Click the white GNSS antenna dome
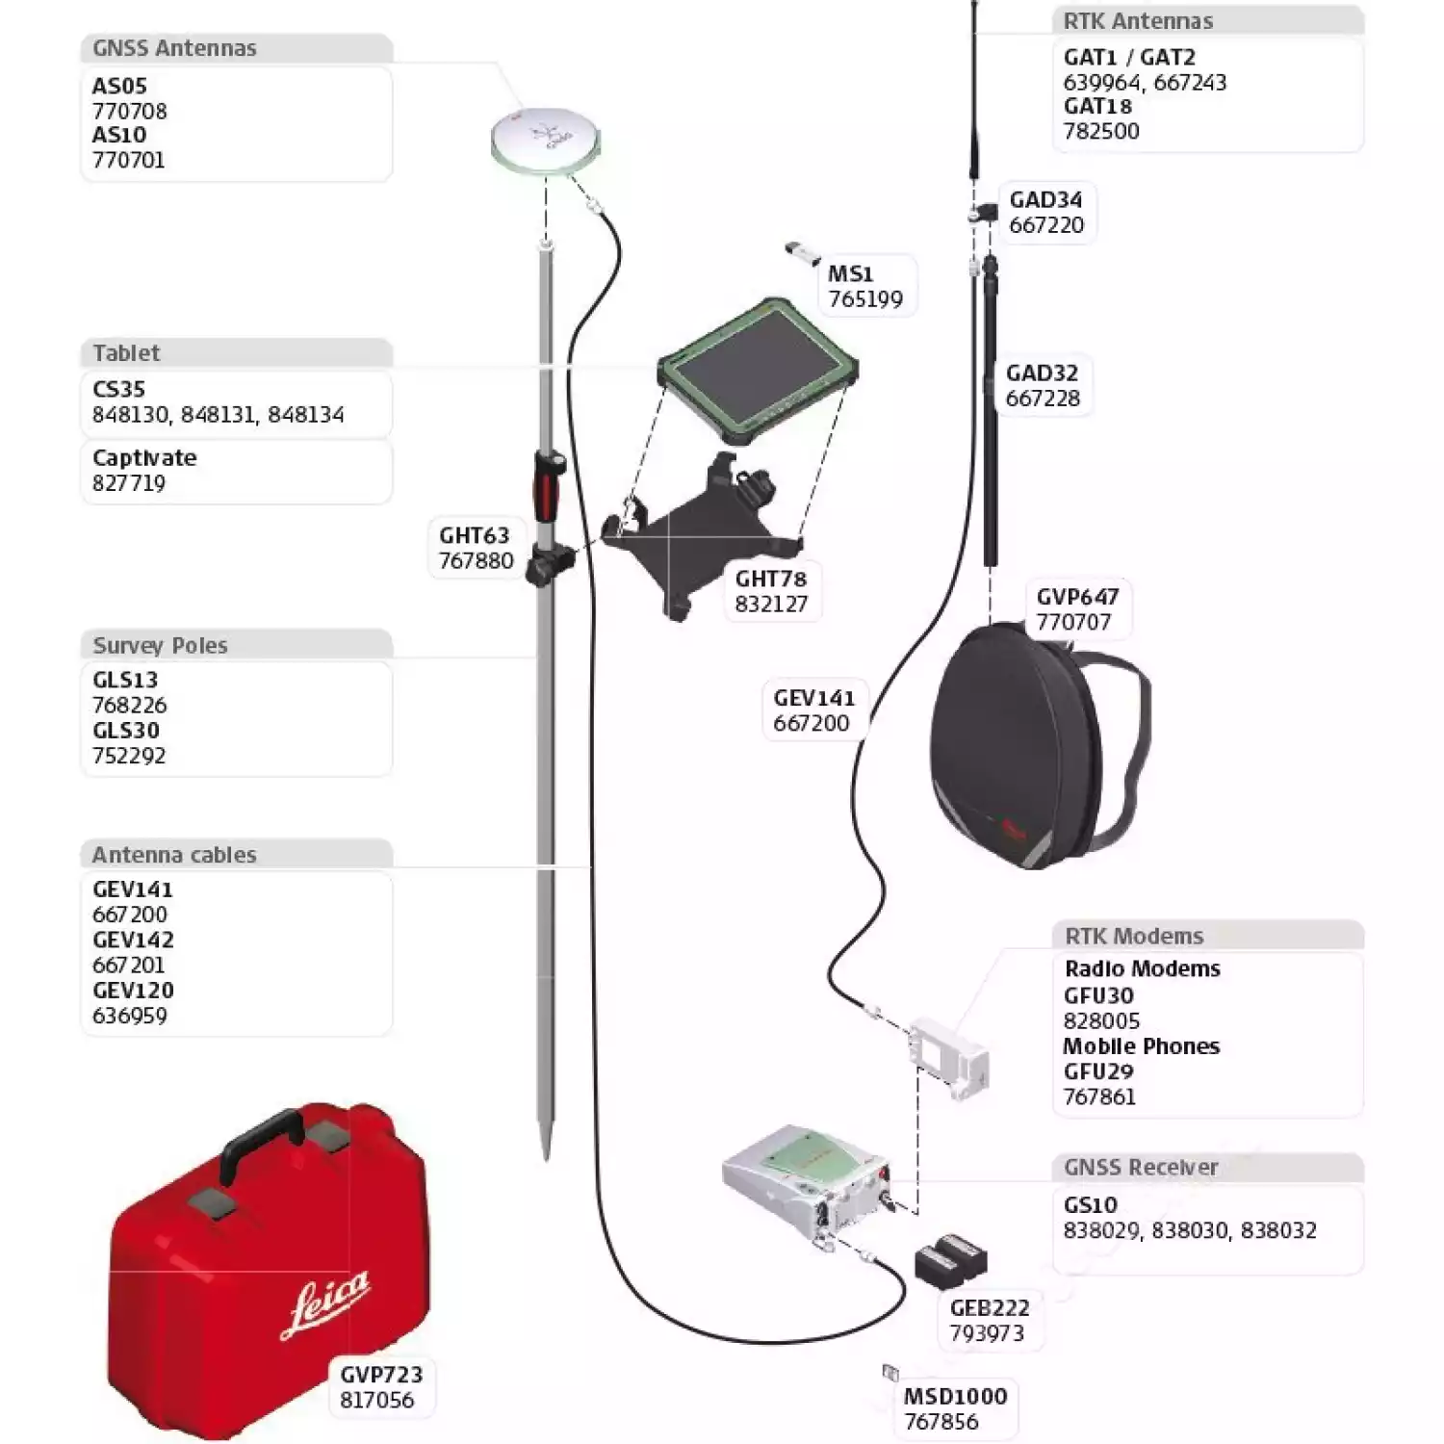coord(545,140)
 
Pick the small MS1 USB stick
coord(800,252)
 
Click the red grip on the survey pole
coord(547,486)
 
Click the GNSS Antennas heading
coord(174,48)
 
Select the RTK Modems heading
coord(1133,936)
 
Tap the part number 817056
coord(376,1400)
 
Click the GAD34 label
coord(1045,200)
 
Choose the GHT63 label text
coord(474,535)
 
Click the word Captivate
coord(144,458)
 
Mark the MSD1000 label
coord(955,1396)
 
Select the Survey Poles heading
coord(160,645)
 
